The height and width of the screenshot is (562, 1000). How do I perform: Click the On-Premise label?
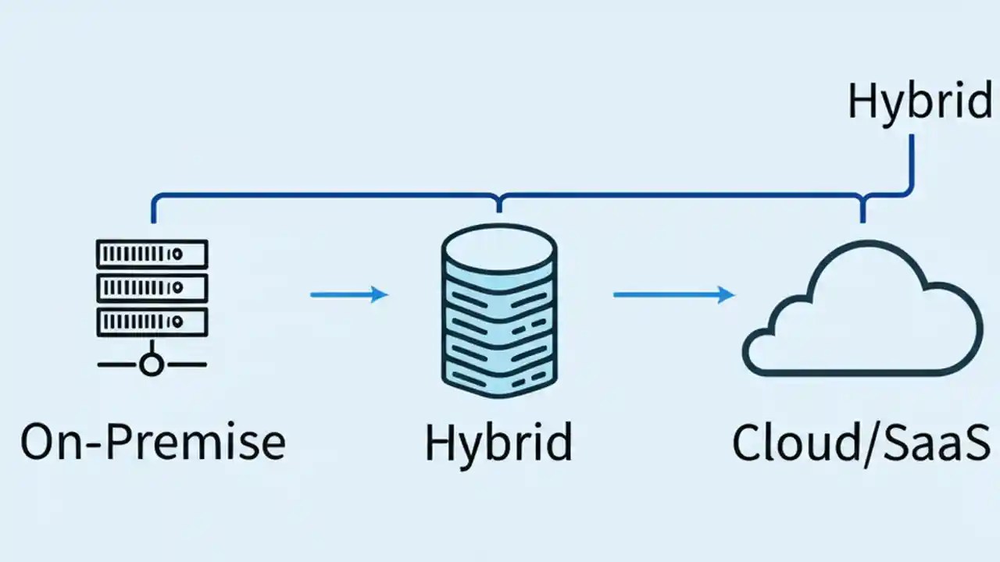(x=153, y=442)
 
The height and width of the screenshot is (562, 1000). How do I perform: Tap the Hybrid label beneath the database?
(x=498, y=442)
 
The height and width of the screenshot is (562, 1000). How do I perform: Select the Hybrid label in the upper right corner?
(x=920, y=103)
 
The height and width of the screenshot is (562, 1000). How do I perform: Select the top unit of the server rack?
(x=152, y=254)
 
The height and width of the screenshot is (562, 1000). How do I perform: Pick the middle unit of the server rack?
(x=152, y=287)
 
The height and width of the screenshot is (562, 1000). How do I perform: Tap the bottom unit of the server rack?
(x=152, y=321)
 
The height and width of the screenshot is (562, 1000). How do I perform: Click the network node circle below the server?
(x=152, y=364)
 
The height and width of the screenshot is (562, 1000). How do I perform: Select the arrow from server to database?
(x=349, y=294)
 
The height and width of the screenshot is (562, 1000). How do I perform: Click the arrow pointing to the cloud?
(x=673, y=294)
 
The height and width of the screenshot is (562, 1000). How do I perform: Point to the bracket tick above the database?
(x=499, y=203)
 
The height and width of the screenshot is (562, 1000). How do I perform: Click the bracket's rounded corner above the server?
(x=156, y=198)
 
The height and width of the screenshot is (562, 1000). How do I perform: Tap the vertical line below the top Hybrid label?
(x=911, y=160)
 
